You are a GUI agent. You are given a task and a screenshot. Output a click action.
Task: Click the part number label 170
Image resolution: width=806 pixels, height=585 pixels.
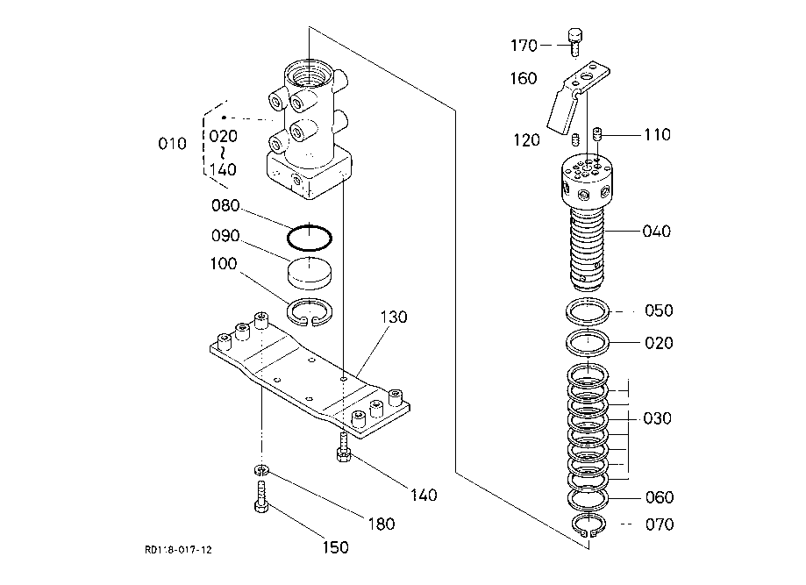[x=524, y=46]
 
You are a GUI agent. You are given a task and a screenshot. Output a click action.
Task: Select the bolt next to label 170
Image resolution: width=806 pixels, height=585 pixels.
[x=574, y=42]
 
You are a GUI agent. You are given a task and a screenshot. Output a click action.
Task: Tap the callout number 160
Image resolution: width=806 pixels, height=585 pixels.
[x=524, y=79]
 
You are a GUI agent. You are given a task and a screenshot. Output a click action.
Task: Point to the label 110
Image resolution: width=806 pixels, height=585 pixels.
[x=657, y=135]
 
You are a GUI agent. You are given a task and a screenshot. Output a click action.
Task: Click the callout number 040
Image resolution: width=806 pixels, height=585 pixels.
[x=656, y=232]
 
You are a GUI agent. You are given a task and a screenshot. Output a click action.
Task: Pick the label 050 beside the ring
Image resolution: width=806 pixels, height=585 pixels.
[x=659, y=310]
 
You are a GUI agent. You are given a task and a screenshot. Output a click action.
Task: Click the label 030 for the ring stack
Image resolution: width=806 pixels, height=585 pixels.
[x=658, y=418]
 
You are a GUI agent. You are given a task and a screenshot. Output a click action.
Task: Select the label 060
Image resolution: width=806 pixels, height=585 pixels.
[x=660, y=497]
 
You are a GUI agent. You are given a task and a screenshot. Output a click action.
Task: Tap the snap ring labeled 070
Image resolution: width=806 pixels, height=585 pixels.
[x=588, y=525]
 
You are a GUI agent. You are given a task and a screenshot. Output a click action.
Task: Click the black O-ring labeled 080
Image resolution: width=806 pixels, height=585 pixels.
[x=309, y=238]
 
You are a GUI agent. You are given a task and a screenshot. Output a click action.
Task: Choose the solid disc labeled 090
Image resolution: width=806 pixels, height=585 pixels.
[x=309, y=271]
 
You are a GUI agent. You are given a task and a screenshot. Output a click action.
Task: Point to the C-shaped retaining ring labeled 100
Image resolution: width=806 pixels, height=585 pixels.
[x=310, y=312]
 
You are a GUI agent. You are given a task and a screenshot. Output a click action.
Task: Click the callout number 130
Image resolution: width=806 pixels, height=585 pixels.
[x=394, y=317]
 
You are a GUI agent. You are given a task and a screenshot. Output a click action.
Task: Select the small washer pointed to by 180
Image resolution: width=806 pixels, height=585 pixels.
[x=261, y=470]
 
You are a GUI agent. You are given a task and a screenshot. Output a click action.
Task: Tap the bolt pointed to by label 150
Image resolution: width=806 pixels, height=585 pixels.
[x=261, y=496]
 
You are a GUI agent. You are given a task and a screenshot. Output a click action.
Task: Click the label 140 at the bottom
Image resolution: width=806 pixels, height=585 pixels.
[x=424, y=495]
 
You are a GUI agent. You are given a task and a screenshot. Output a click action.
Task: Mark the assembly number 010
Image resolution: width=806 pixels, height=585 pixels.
[x=172, y=144]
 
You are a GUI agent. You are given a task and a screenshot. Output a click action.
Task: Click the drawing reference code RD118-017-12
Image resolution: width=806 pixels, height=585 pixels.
[x=178, y=550]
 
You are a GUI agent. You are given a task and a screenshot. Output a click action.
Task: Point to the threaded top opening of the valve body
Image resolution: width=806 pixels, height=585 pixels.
[x=309, y=74]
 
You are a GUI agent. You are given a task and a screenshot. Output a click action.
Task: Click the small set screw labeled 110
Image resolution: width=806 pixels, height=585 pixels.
[x=596, y=135]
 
